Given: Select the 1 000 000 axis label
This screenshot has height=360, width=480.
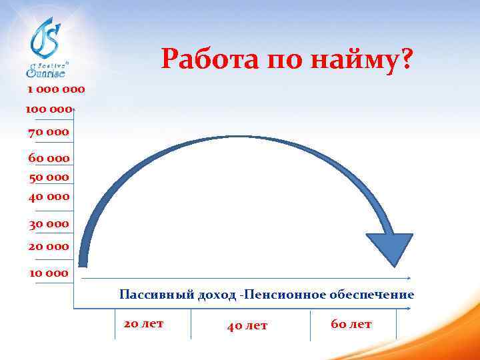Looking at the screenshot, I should pos(56,89).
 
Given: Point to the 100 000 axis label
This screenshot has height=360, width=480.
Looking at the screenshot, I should pos(49,109).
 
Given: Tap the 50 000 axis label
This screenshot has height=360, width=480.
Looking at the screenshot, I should pos(49,177).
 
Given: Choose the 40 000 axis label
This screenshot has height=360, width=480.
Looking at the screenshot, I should pos(49,197).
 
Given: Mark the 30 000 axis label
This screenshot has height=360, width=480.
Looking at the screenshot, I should pos(49,224).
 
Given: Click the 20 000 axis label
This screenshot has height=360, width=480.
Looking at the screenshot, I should pos(49,246).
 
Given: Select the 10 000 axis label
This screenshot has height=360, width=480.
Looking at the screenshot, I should pos(49,273).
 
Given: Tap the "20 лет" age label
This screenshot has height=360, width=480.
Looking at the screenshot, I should pos(143,324).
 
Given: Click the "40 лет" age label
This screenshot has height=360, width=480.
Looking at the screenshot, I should pos(247,325).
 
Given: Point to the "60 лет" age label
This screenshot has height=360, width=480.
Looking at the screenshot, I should pos(351,325).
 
